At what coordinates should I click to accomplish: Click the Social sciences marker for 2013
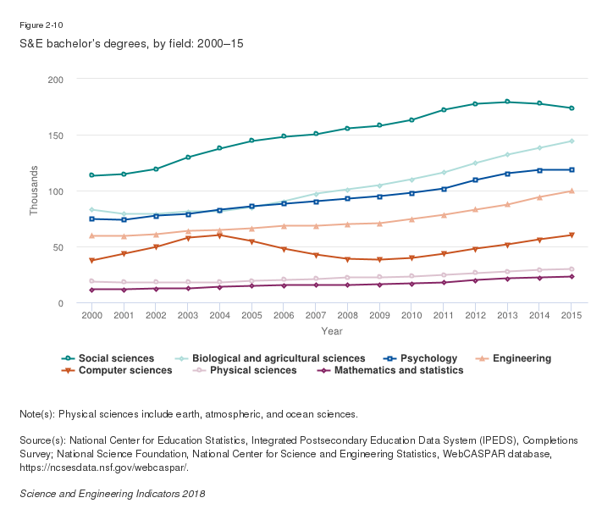tap(507, 102)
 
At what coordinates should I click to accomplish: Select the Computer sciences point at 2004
tap(220, 235)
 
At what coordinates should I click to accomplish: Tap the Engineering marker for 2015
tap(572, 191)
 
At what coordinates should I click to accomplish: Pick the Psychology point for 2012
tap(475, 180)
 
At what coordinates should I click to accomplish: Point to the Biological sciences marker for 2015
tap(572, 141)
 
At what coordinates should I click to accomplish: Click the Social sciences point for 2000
tap(91, 175)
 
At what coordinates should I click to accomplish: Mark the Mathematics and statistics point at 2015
tap(572, 276)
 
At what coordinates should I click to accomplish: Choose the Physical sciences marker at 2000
tap(91, 281)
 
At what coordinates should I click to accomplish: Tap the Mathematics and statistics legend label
tap(398, 370)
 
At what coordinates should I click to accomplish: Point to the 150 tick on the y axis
tap(64, 136)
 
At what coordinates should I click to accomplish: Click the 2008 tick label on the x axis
tap(346, 315)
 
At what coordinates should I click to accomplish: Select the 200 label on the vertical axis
tap(64, 80)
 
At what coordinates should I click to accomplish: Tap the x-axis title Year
tap(331, 331)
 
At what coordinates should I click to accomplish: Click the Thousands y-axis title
tap(35, 191)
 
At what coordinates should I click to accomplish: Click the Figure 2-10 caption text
tap(40, 25)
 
